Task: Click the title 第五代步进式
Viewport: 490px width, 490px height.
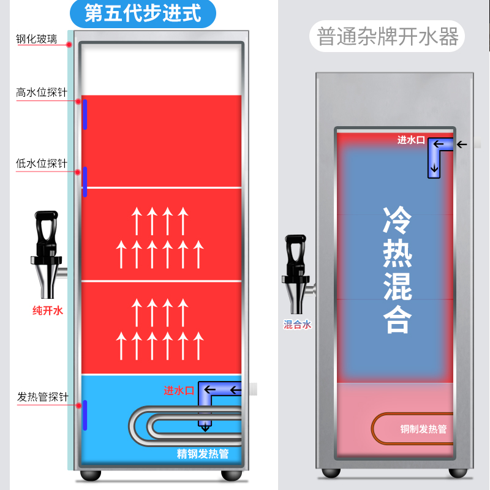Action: click(x=143, y=13)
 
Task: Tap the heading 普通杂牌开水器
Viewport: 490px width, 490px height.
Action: click(x=388, y=37)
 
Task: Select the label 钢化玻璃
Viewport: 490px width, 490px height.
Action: click(x=37, y=40)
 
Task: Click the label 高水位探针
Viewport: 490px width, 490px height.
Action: click(x=41, y=93)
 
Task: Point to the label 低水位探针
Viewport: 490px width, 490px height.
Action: click(x=41, y=164)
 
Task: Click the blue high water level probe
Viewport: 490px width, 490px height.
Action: click(x=85, y=114)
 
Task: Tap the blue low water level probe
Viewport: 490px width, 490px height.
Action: click(x=85, y=181)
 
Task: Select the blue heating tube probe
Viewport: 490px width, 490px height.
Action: click(x=85, y=415)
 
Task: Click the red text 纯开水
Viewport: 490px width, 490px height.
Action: click(x=48, y=311)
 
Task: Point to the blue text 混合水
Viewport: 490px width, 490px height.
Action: click(x=298, y=325)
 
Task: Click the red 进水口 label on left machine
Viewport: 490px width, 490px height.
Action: click(x=179, y=390)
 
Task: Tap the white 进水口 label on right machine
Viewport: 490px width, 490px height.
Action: click(x=411, y=140)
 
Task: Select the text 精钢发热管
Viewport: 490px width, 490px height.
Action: click(x=203, y=454)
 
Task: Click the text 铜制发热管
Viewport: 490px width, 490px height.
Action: click(x=424, y=429)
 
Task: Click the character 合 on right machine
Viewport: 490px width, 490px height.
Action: click(x=398, y=318)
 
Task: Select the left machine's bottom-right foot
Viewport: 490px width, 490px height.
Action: click(x=232, y=474)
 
